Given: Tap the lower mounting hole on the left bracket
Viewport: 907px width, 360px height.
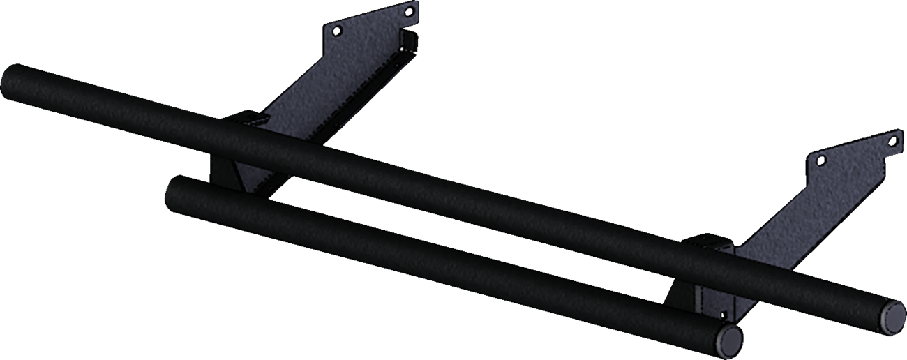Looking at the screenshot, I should [x=338, y=30].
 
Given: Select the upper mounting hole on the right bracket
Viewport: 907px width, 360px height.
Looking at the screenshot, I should [x=892, y=141].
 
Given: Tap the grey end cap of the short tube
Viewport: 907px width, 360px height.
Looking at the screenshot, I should [x=730, y=339].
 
